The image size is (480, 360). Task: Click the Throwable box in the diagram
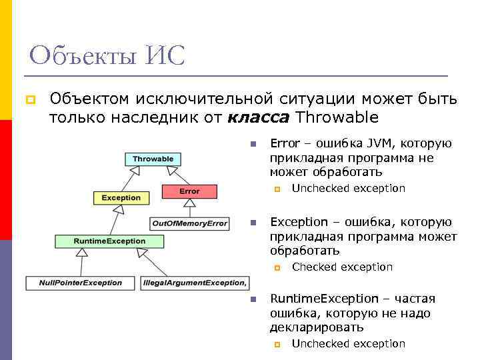tap(153, 159)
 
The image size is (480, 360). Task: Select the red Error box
tap(189, 191)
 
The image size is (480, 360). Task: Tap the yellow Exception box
tap(121, 197)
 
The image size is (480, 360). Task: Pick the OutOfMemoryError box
tap(189, 223)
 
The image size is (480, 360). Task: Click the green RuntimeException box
tap(110, 241)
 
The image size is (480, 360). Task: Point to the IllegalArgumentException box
tap(194, 283)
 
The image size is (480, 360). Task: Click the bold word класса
tap(258, 118)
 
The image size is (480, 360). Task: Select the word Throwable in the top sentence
tap(337, 118)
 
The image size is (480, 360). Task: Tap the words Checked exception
tap(342, 267)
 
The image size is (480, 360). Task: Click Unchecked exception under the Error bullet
tap(348, 188)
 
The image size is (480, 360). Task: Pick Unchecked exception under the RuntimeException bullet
tap(348, 343)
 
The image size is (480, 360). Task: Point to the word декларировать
tap(317, 327)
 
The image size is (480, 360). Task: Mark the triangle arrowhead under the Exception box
tap(119, 209)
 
